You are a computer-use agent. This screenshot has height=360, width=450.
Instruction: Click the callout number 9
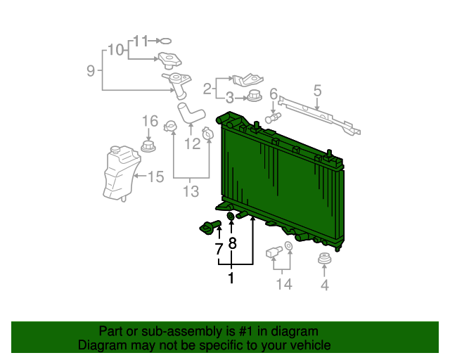tap(91, 70)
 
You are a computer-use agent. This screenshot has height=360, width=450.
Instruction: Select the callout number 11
tap(141, 41)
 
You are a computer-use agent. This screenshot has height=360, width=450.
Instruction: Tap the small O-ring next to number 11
tap(165, 41)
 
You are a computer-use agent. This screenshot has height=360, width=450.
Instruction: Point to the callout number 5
tap(317, 91)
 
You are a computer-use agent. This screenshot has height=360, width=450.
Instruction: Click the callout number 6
tap(274, 94)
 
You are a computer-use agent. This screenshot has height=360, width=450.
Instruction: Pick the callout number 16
tap(150, 121)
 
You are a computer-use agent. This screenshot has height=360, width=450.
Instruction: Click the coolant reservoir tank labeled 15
tap(122, 173)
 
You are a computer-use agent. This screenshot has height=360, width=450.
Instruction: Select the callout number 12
tap(192, 143)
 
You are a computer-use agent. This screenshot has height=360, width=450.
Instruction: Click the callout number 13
tap(191, 191)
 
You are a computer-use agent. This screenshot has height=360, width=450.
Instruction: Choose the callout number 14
tap(284, 284)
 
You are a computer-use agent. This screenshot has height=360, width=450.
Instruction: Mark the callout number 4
tap(325, 285)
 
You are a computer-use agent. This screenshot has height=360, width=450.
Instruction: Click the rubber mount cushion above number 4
tap(325, 258)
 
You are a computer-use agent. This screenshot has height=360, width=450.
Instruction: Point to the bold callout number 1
tap(231, 278)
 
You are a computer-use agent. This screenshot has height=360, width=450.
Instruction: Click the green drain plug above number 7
tap(210, 227)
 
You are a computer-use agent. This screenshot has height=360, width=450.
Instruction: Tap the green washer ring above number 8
tap(231, 216)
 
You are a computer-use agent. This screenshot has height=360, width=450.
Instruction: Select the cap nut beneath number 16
tap(148, 146)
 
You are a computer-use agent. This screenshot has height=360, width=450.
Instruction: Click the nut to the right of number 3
tap(255, 96)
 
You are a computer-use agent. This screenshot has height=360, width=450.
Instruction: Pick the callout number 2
tap(207, 89)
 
